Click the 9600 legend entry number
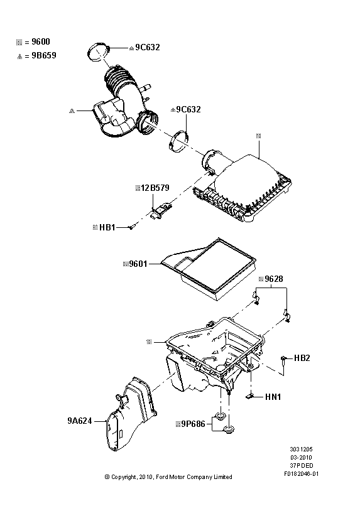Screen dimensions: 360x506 [x=41, y=41]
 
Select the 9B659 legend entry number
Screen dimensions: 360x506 [x=44, y=55]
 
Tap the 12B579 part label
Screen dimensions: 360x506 [x=155, y=188]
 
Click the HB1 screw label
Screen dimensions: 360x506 [x=107, y=227]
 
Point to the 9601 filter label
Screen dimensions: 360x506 [x=138, y=264]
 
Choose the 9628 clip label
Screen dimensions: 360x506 [x=274, y=279]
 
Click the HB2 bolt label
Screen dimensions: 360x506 [x=302, y=358]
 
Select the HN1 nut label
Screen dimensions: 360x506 [x=273, y=397]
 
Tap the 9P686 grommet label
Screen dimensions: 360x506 [x=193, y=424]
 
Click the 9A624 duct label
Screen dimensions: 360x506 [x=79, y=421]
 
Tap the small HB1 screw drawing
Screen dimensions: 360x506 [x=131, y=227]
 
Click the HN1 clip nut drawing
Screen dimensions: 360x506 [x=249, y=396]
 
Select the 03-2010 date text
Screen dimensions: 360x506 [x=301, y=457]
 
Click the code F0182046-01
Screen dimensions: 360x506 [x=301, y=474]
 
